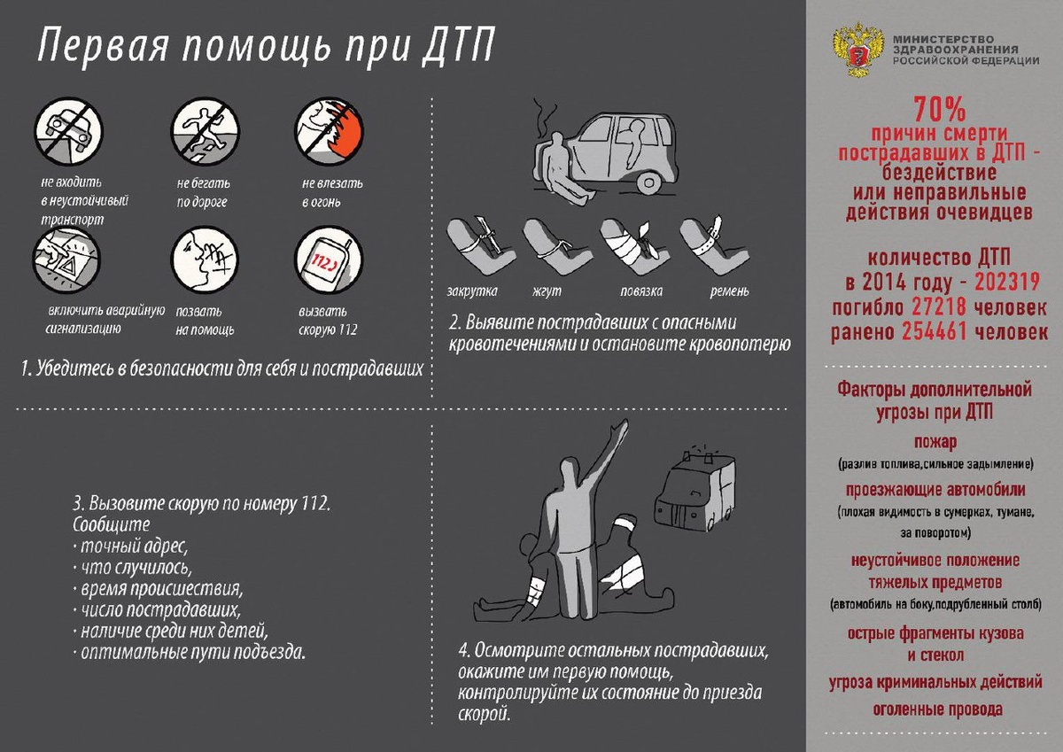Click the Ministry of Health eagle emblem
[x=857, y=52]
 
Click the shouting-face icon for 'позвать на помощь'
[x=200, y=260]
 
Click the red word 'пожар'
[x=935, y=441]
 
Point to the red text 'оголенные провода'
[x=937, y=709]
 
